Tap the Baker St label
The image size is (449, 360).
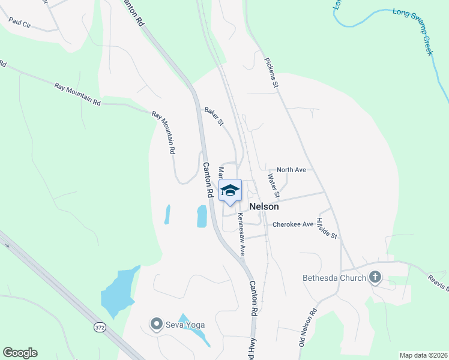coord(214,116)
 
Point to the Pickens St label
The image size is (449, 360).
coord(271,73)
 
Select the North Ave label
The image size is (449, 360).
coord(291,170)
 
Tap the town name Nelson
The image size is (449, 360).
coord(264,206)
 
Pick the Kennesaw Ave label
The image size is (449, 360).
coord(241,234)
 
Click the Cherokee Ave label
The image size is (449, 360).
coord(293,224)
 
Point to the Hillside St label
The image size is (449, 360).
coord(328,228)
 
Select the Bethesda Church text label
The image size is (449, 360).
coord(334,278)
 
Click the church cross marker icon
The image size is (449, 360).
coord(376,277)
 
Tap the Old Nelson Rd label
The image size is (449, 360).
coord(307,328)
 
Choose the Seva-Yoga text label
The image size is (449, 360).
coord(185,325)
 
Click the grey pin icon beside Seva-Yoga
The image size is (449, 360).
coord(157,325)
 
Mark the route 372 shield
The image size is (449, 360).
coord(100,327)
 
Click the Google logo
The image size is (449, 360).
coord(20,353)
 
